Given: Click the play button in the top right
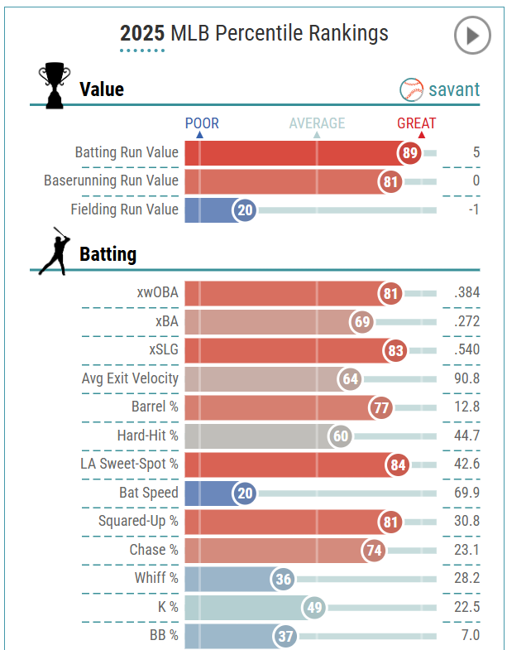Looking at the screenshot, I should coord(472,36).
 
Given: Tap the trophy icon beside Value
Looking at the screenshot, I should coord(55,85).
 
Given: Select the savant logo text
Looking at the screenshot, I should coord(453,89).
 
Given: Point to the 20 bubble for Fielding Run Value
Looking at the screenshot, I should coord(245,210).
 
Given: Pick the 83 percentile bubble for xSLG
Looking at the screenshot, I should coord(395,350).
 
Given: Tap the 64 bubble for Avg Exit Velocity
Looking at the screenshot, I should coord(351,379).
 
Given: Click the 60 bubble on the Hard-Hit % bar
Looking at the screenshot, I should coord(340,436).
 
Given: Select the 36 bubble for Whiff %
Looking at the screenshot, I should coord(283,579).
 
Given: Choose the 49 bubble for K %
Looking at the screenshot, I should coord(313,608).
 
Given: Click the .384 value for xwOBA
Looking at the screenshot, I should coord(466,293).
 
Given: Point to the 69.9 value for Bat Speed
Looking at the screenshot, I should coord(466,493).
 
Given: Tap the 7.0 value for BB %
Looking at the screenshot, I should coord(470,635).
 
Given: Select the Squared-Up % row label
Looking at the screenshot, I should coord(138,521).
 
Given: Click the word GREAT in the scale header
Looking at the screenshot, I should coord(417,123).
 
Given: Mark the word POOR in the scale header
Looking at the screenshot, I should coord(202,123).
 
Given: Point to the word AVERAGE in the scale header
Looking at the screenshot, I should coord(317,123).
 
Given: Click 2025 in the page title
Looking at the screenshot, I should coord(142,33).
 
